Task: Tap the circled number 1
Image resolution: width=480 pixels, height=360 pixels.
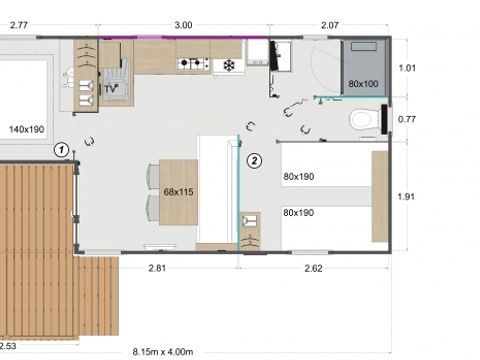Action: pyautogui.click(x=62, y=150)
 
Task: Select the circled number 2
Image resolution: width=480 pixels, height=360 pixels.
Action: pyautogui.click(x=254, y=159)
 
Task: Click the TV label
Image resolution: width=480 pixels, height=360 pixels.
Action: pyautogui.click(x=112, y=90)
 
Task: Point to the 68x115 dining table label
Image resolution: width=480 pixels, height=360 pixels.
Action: pyautogui.click(x=178, y=190)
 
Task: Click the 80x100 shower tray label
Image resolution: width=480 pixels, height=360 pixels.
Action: pyautogui.click(x=363, y=83)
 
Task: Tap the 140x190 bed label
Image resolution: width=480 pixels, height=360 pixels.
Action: pyautogui.click(x=27, y=129)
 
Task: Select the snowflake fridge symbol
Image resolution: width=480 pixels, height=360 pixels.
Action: pyautogui.click(x=228, y=65)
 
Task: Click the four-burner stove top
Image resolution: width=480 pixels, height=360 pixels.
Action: pyautogui.click(x=192, y=65)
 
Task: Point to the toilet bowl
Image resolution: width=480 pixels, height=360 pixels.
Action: pyautogui.click(x=365, y=121)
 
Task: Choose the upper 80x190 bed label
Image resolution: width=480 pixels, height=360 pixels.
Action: pyautogui.click(x=299, y=177)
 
